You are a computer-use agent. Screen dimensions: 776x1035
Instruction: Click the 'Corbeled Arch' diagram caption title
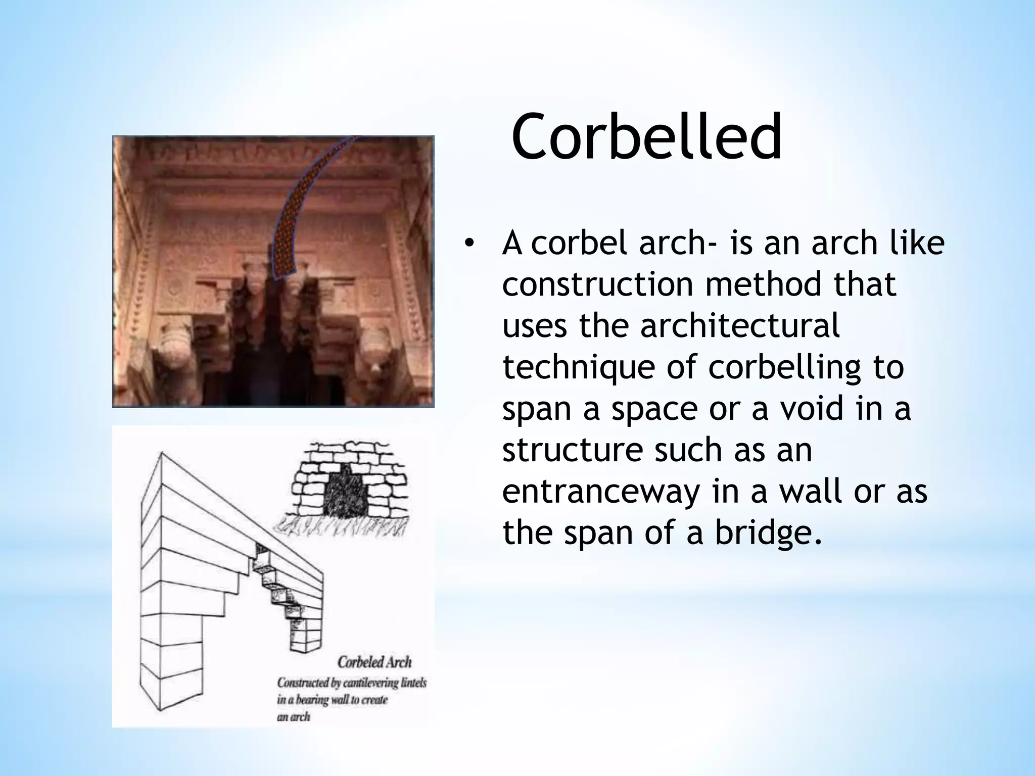(374, 662)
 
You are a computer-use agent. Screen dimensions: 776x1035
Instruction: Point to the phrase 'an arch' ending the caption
(293, 716)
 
